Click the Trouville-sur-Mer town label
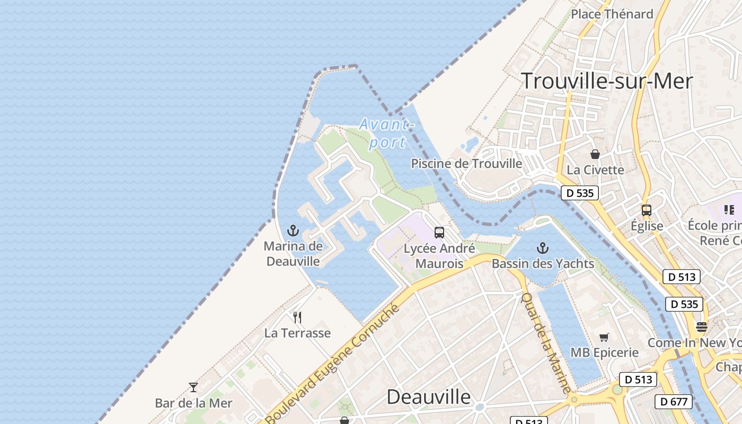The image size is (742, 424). tap(607, 81)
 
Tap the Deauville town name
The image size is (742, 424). tap(428, 396)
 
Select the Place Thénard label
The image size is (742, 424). tap(612, 14)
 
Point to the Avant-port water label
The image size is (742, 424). tap(386, 133)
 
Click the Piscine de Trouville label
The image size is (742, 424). tap(466, 164)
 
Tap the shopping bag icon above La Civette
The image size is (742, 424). tap(595, 154)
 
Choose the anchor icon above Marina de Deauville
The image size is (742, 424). tap(293, 231)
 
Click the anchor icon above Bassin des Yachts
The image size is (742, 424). tap(542, 248)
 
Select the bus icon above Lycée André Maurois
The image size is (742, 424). tap(439, 232)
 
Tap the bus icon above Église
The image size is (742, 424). tap(647, 210)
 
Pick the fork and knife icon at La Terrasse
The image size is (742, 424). tap(297, 317)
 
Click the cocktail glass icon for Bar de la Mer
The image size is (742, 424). tap(193, 387)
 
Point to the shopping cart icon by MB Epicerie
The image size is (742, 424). tap(604, 337)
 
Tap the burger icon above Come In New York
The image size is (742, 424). tap(702, 326)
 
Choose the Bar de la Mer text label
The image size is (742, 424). tap(193, 403)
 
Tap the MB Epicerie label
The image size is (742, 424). tap(604, 352)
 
